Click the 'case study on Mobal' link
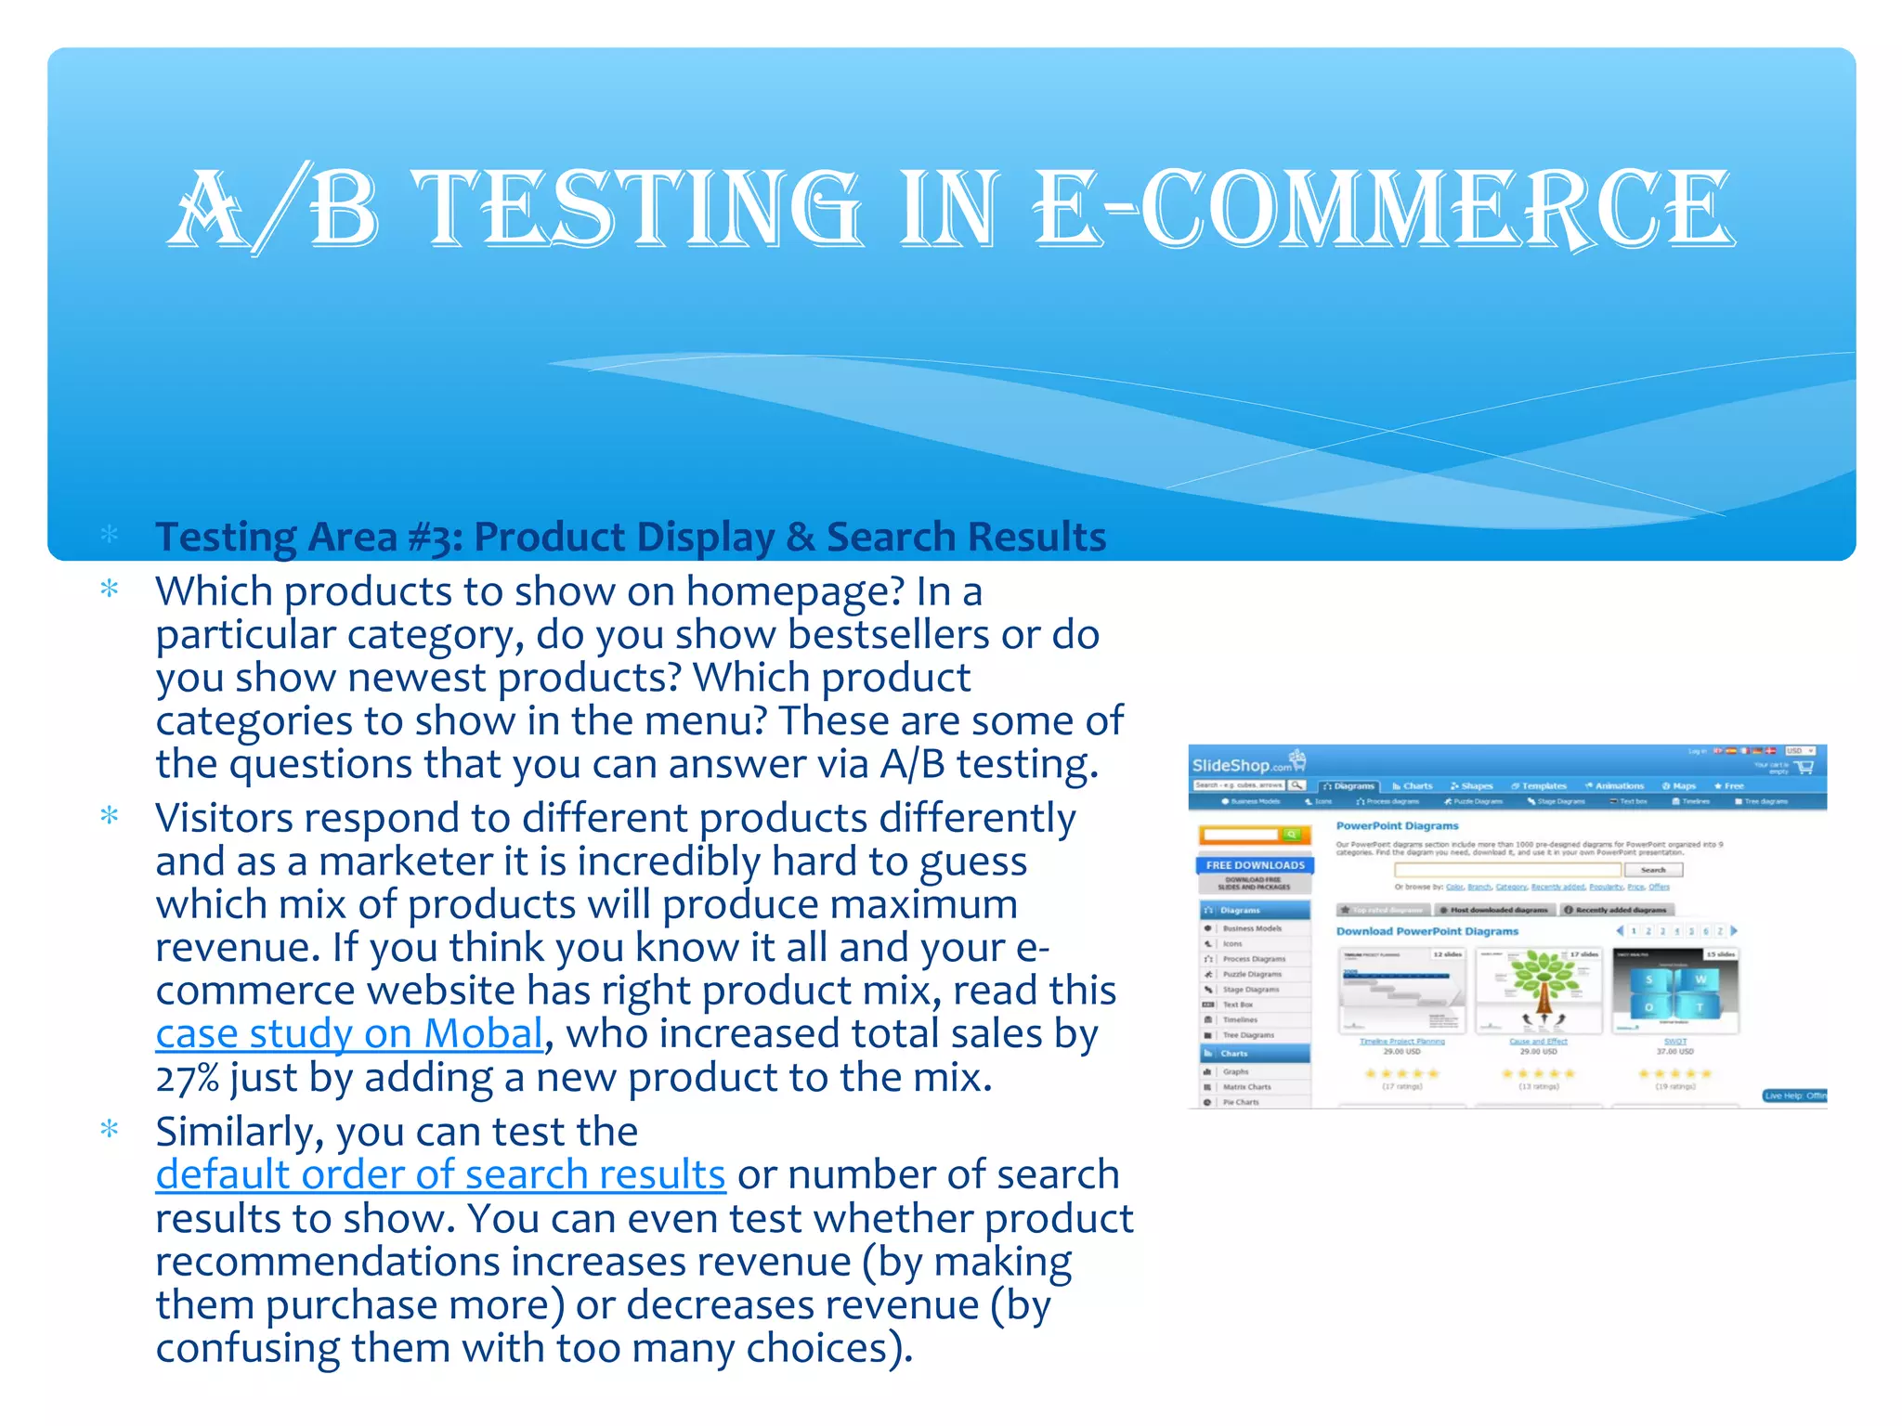pos(349,1034)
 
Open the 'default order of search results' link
pos(440,1175)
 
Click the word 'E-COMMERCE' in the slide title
pos(1384,209)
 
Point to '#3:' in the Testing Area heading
pos(436,538)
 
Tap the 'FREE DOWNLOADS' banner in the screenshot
pos(1255,865)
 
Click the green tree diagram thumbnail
pos(1539,991)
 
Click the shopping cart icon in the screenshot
pos(1804,767)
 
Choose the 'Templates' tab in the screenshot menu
pos(1540,786)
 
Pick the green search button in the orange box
pos(1291,835)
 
